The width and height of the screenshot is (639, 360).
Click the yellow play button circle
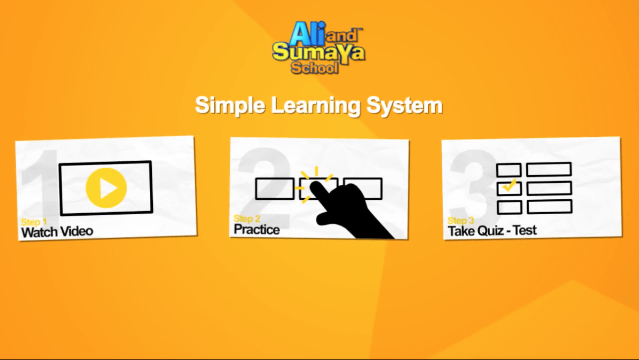tap(106, 188)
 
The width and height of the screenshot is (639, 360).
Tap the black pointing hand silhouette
tap(349, 210)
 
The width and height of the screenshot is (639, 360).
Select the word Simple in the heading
tap(229, 106)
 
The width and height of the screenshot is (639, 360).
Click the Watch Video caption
tap(57, 232)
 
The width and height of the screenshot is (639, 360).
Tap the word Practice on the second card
tap(257, 229)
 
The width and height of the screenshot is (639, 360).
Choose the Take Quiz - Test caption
tap(492, 231)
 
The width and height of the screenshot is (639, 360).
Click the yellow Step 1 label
tap(34, 222)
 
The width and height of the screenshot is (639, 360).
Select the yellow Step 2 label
tap(247, 219)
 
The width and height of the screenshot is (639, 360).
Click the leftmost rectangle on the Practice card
tap(275, 189)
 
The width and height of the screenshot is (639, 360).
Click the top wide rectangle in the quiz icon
tap(549, 169)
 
